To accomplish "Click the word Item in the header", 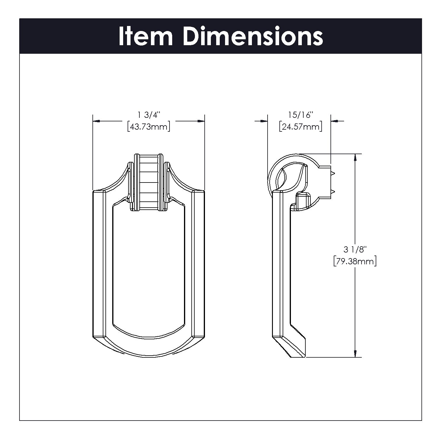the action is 146,36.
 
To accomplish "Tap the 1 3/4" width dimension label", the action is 149,115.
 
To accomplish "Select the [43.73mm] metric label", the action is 149,127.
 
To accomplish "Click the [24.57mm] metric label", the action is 301,127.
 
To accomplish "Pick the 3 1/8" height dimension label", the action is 355,250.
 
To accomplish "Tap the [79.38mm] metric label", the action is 355,262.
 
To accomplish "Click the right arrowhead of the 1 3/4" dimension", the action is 201,121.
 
